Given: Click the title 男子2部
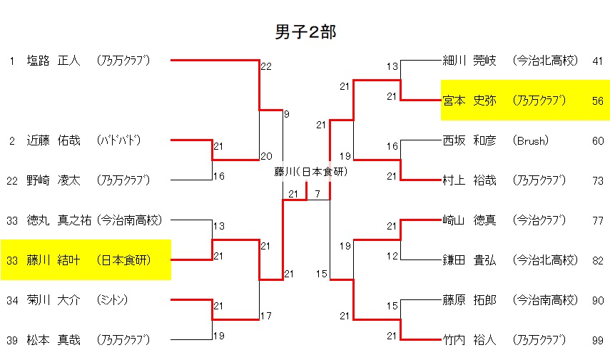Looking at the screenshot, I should click(x=305, y=31).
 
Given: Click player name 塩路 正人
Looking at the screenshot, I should click(x=54, y=61).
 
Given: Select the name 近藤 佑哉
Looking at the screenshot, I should click(x=54, y=140).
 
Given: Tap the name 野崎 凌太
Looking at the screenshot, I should click(x=54, y=180).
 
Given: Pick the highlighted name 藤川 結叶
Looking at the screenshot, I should click(x=54, y=260).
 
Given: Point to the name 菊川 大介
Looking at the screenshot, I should click(x=54, y=300).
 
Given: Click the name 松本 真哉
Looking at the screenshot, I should click(x=54, y=340).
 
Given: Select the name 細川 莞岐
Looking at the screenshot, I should click(x=469, y=61).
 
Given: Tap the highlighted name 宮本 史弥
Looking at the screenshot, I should click(x=469, y=101).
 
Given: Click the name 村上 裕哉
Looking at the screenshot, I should click(x=469, y=180).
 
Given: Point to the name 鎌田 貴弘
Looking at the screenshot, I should click(x=469, y=260).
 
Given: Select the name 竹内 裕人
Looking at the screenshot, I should click(x=469, y=340).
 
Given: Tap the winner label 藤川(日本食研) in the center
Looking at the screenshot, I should click(x=306, y=172).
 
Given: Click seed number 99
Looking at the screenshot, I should click(x=597, y=340).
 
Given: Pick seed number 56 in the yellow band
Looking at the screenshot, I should click(x=597, y=101).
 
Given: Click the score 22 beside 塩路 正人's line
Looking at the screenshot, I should click(x=266, y=66).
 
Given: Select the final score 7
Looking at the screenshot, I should click(x=317, y=194).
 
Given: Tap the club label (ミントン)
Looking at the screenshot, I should click(x=113, y=300).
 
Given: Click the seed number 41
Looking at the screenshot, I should click(x=597, y=61).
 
